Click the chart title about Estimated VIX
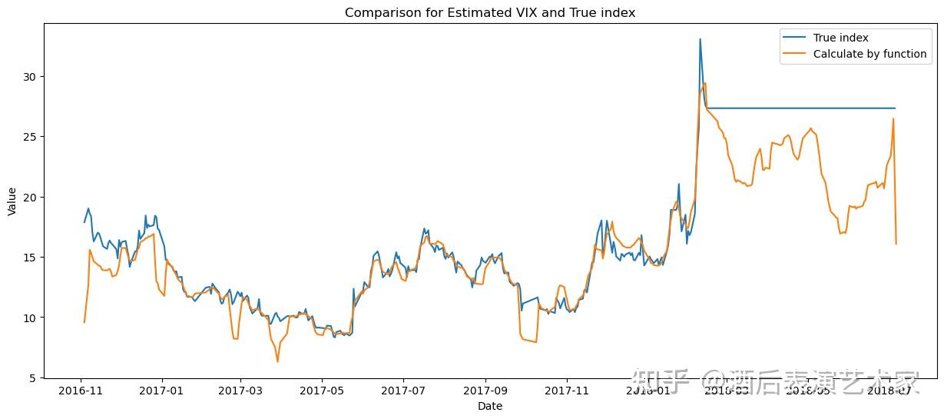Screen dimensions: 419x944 pos(489,12)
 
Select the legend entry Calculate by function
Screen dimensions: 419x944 pos(869,54)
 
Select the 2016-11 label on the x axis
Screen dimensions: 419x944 pos(81,391)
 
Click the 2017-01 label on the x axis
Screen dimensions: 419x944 pos(162,391)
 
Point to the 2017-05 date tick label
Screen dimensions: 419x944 pos(322,391)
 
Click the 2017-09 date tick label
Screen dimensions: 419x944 pos(485,391)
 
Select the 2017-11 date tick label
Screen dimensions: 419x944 pos(567,391)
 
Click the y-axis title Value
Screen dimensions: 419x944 pos(12,201)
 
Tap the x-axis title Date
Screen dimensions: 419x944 pos(489,406)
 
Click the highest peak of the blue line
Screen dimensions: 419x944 pos(700,39)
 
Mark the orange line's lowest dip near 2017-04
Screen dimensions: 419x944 pos(278,361)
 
